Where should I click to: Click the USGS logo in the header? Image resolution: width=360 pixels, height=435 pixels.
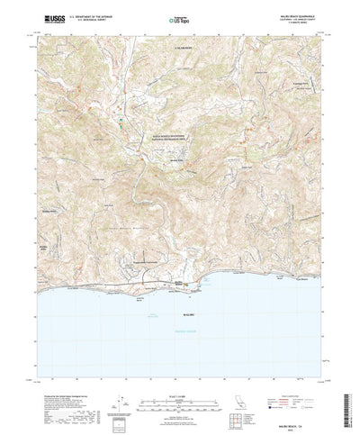click(52, 18)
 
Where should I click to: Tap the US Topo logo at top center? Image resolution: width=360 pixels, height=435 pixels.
click(180, 19)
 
